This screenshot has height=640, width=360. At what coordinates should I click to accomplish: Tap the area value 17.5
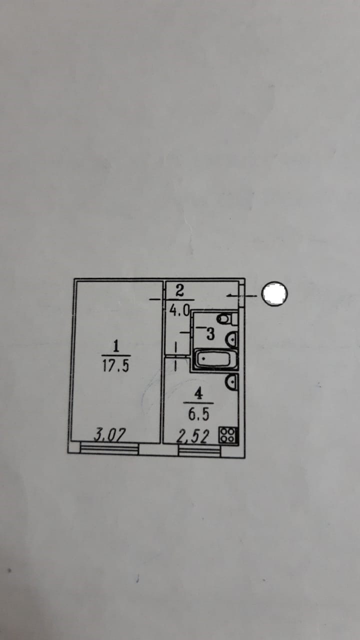[x=116, y=366]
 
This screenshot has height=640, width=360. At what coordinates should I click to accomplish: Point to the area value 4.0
[x=179, y=310]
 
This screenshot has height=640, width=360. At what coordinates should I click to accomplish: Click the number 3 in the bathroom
[x=210, y=334]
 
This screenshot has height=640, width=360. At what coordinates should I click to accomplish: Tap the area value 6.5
[x=198, y=414]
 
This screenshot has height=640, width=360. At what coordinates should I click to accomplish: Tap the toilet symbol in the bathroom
[x=224, y=318]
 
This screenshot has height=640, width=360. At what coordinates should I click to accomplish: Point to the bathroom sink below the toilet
[x=231, y=340]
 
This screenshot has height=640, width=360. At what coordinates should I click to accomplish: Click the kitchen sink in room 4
[x=231, y=383]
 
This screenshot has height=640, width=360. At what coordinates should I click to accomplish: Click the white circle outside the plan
[x=275, y=294]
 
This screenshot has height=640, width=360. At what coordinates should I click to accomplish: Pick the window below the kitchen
[x=199, y=450]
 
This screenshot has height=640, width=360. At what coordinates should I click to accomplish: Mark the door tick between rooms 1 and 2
[x=157, y=299]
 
